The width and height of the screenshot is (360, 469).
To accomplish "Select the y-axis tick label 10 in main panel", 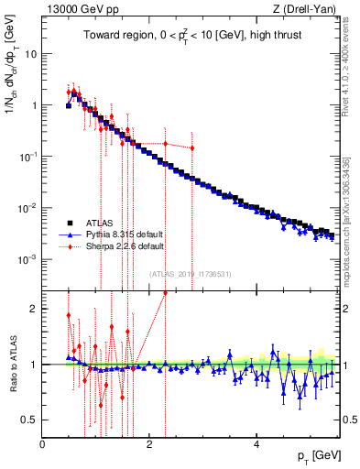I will click(x=30, y=53).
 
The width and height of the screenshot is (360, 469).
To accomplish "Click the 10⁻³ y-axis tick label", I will click(x=27, y=259).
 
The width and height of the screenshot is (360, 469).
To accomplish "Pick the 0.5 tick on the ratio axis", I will click(x=30, y=420).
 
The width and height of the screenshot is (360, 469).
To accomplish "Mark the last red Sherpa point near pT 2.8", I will click(x=192, y=148).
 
